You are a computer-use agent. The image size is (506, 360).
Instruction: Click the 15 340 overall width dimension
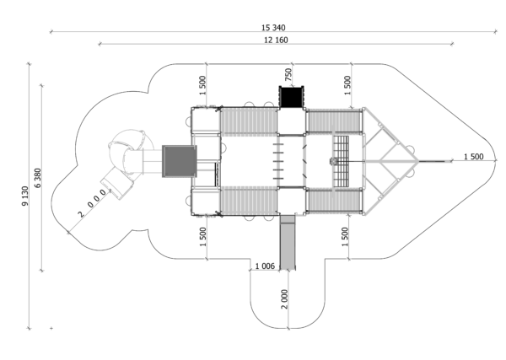(x=273, y=28)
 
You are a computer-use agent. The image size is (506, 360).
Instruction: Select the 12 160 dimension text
(x=276, y=40)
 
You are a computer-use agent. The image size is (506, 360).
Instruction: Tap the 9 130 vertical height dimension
(x=24, y=196)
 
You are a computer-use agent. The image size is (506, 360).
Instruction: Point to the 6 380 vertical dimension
(x=37, y=178)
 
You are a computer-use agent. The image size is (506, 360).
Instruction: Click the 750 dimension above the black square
(x=288, y=74)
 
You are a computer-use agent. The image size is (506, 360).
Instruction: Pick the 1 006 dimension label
(x=265, y=266)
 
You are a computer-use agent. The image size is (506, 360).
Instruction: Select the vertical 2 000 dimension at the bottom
(x=284, y=299)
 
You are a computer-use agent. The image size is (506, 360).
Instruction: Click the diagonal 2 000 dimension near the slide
(x=92, y=203)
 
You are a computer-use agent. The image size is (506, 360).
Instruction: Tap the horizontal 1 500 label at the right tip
(x=473, y=157)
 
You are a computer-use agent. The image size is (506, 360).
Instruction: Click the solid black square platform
(x=292, y=97)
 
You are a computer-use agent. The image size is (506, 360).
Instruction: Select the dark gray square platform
(x=179, y=161)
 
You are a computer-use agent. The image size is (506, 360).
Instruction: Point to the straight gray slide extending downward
(x=288, y=242)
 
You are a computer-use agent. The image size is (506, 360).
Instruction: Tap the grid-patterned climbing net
(x=341, y=161)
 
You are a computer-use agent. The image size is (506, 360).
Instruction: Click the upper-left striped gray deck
(x=249, y=121)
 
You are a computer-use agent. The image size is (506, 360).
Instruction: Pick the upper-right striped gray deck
(x=333, y=121)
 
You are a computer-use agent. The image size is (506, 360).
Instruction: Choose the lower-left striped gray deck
(x=249, y=201)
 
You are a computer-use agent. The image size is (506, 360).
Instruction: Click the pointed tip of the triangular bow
(x=418, y=161)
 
